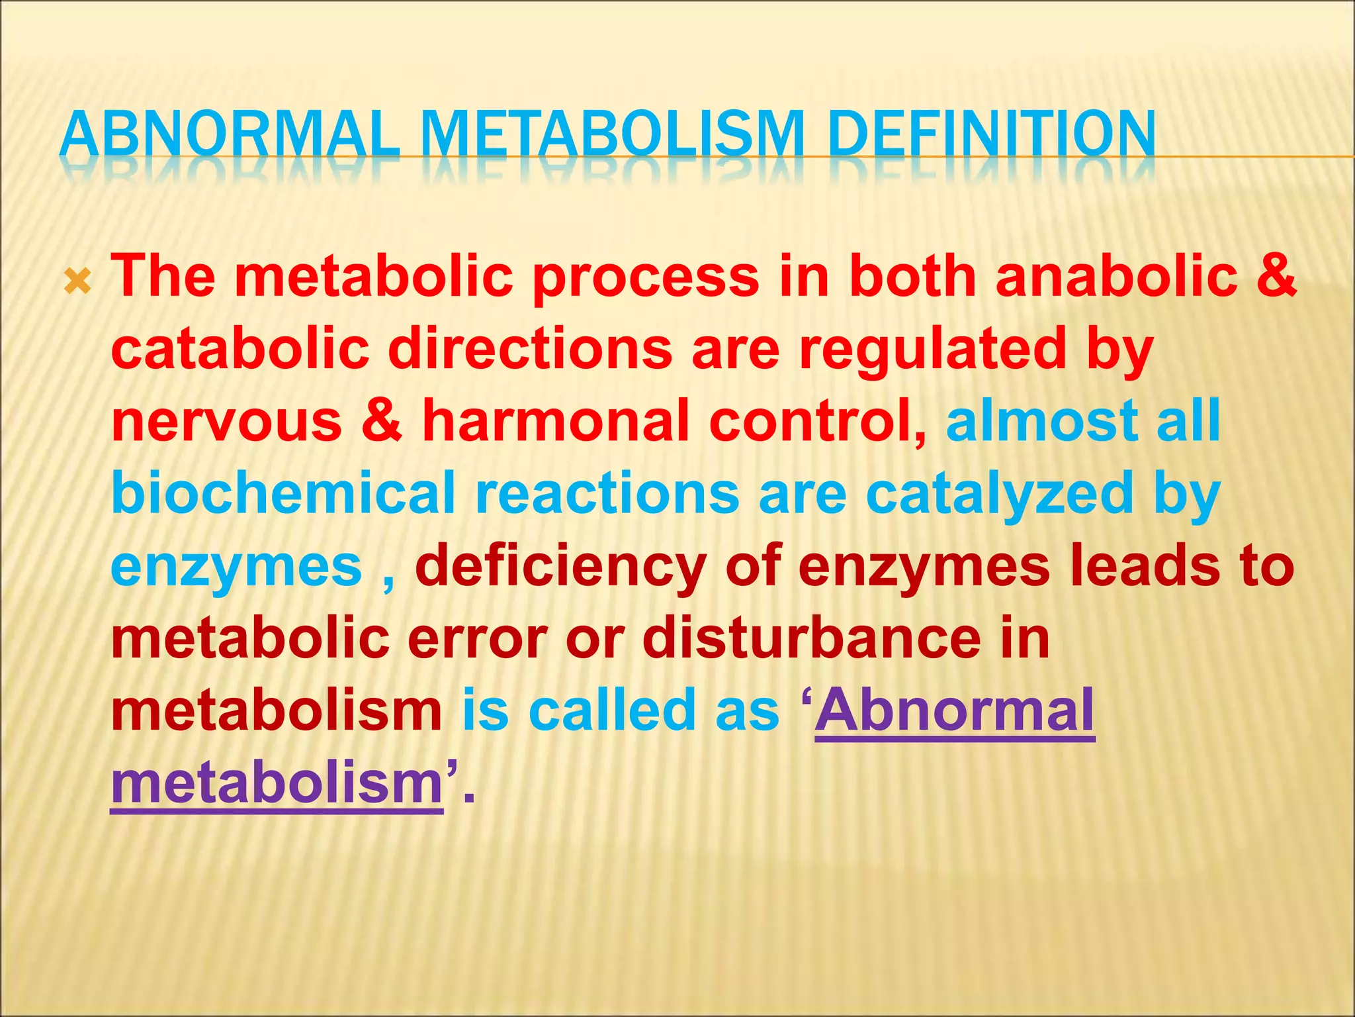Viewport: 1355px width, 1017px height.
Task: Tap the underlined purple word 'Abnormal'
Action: coord(955,710)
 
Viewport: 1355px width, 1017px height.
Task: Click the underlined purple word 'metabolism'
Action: coord(277,783)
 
